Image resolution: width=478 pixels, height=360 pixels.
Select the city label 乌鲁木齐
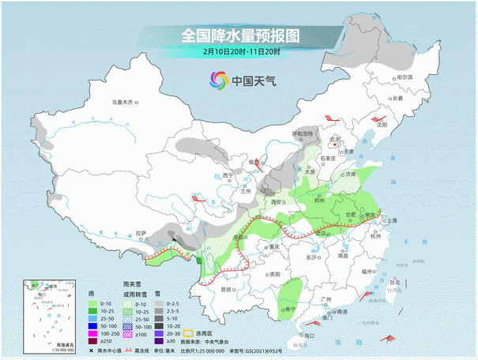click(x=124, y=102)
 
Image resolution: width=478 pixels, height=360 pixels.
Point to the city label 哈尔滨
click(x=405, y=77)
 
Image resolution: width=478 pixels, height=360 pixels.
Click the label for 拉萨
click(x=141, y=233)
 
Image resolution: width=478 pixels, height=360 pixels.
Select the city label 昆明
click(x=227, y=289)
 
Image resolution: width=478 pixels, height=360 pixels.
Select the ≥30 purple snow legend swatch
click(x=158, y=343)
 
